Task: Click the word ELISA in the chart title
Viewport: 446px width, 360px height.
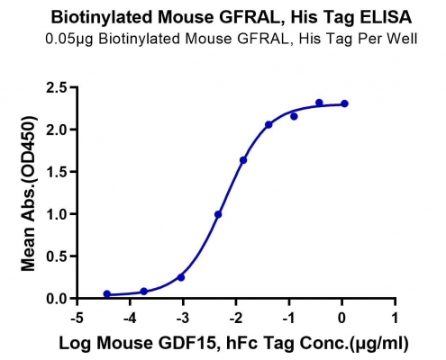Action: (386, 17)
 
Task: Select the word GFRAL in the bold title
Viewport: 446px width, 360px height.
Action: (251, 17)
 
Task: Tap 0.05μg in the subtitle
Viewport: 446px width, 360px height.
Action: (69, 40)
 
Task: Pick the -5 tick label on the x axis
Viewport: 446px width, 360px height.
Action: (77, 318)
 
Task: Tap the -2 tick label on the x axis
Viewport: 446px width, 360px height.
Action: (235, 318)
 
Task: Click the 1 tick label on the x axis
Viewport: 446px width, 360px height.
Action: (395, 318)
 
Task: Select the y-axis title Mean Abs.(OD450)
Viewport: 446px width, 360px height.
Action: (29, 193)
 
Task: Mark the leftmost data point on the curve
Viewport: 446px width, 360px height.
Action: (107, 294)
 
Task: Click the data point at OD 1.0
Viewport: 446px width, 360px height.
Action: (218, 214)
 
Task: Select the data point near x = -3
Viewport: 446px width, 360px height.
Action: (181, 277)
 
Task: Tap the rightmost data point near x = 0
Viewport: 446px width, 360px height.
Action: (344, 103)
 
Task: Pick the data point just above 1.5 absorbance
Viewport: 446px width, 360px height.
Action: (243, 160)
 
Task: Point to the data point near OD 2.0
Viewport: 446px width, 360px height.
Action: (269, 124)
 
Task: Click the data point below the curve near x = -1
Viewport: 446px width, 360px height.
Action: (294, 116)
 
